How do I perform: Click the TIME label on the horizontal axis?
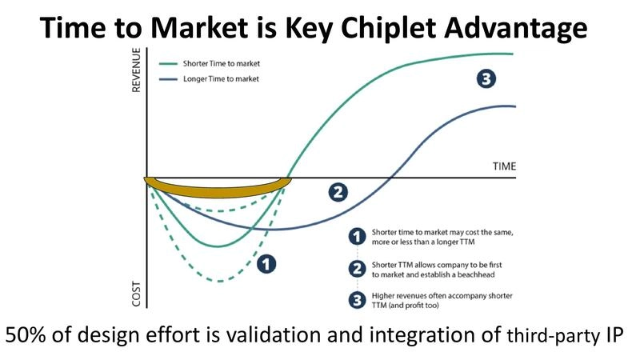504,166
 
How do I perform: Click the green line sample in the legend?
169,62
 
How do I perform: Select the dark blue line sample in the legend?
169,78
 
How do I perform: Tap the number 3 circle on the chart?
485,78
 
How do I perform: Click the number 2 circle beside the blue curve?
338,192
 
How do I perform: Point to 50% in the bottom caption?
27,336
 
